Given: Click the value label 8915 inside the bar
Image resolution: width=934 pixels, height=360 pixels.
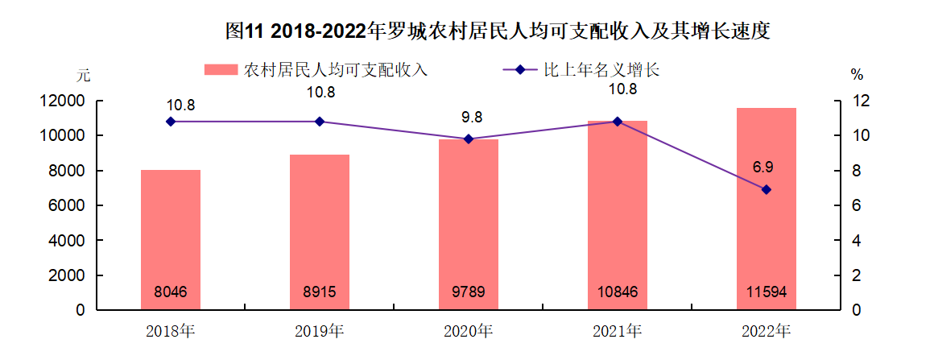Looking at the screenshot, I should point(319,292).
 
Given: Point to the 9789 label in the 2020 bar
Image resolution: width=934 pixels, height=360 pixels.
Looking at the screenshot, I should point(468,292).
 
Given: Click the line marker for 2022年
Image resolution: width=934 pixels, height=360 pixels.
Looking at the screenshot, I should point(766,189).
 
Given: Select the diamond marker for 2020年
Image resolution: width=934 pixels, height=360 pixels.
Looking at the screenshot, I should point(469,139).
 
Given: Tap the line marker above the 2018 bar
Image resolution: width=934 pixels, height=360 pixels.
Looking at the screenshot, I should point(171,122).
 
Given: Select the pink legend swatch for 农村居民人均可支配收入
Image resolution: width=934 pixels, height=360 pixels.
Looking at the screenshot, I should point(221,70).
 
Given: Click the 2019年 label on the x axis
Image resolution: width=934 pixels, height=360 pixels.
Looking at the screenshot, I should point(319,331).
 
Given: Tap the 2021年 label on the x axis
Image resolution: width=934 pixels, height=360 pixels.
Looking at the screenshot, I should point(617,331).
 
